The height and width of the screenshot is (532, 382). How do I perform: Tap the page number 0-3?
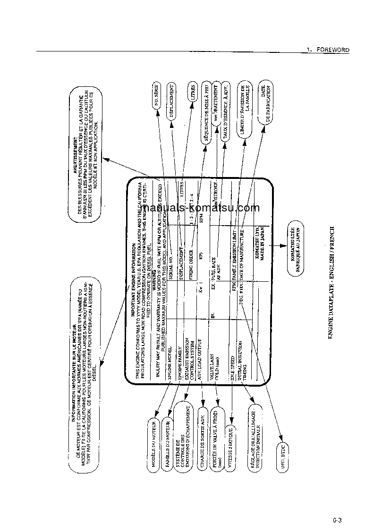point(336,521)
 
